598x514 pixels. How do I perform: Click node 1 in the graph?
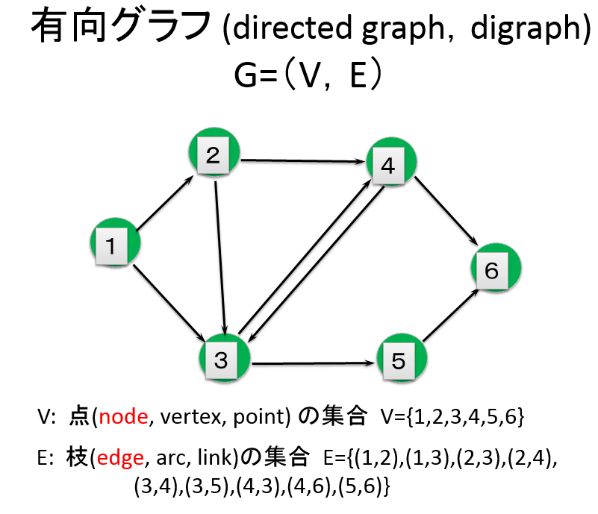[115, 242]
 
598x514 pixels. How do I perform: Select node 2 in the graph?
[214, 152]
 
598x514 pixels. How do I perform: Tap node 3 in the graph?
[225, 358]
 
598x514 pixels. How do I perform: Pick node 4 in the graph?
[391, 162]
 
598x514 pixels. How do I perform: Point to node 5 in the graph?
[402, 358]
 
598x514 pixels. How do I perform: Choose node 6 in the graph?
[496, 268]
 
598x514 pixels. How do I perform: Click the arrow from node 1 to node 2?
[165, 203]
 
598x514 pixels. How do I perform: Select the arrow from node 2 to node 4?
[303, 161]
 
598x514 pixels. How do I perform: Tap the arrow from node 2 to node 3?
[221, 258]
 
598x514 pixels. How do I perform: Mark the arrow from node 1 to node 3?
[169, 303]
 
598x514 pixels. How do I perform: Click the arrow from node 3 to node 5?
[314, 363]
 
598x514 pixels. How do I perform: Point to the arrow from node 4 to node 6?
[446, 211]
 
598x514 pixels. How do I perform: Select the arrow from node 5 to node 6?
[451, 315]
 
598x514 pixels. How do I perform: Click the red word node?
[123, 416]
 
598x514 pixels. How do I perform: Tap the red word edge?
[120, 457]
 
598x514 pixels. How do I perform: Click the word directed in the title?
[292, 28]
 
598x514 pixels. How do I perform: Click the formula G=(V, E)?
[308, 74]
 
